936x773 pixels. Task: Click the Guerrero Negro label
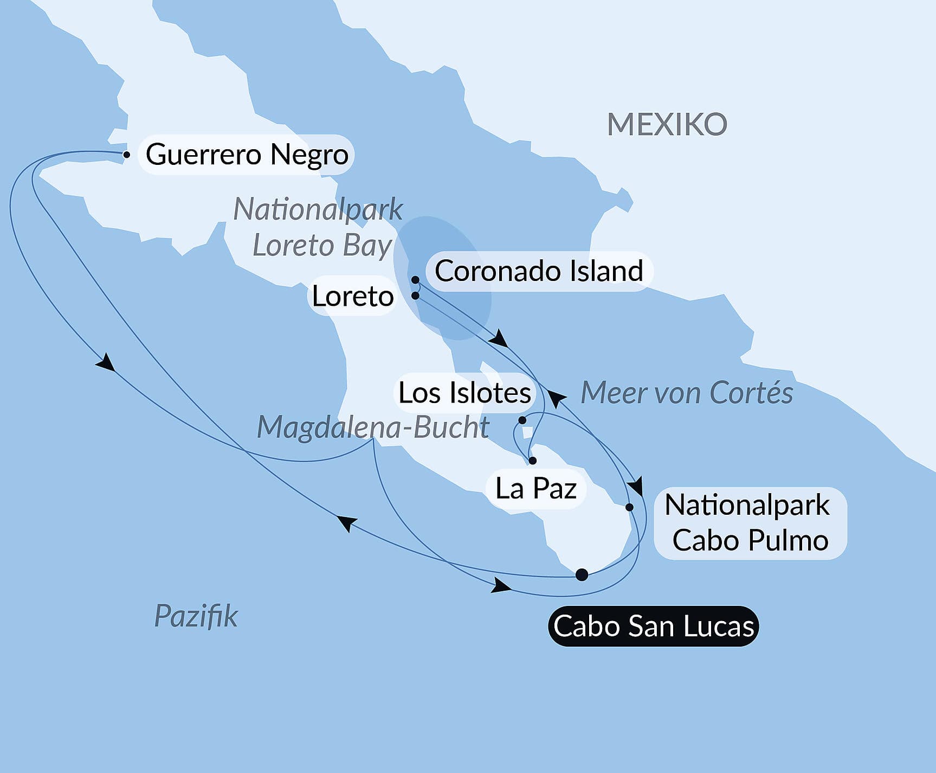(247, 155)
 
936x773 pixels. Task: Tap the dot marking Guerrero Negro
(126, 155)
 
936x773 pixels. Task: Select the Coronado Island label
(539, 271)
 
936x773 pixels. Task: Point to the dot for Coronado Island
(415, 280)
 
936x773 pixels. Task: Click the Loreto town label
(353, 296)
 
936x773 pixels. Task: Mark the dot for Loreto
(415, 296)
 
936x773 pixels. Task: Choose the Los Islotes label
(464, 393)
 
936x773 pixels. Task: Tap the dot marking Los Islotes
(522, 420)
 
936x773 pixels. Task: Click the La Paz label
(536, 489)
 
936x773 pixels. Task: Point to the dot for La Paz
(532, 461)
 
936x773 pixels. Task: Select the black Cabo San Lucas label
(653, 626)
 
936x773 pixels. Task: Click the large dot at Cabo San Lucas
(582, 574)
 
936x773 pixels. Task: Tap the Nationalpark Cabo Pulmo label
(750, 523)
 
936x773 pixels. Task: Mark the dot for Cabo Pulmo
(629, 507)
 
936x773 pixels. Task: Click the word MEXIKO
(667, 125)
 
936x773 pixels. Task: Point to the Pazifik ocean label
(196, 616)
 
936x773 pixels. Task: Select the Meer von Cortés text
(687, 393)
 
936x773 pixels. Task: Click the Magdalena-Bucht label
(373, 427)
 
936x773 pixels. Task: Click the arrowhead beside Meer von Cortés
(556, 398)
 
